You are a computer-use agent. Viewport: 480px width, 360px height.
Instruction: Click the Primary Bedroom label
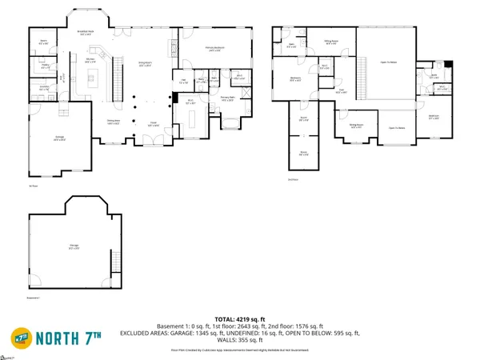tap(214, 49)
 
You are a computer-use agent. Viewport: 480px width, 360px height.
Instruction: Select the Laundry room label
tap(45, 87)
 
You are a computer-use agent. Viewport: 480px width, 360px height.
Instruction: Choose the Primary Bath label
tap(227, 99)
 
